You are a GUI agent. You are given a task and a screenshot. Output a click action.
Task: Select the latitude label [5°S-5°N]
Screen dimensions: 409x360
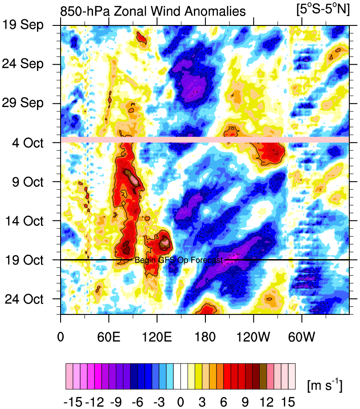[323, 9]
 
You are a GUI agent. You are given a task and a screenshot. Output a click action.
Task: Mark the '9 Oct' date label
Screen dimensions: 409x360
[31, 182]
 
